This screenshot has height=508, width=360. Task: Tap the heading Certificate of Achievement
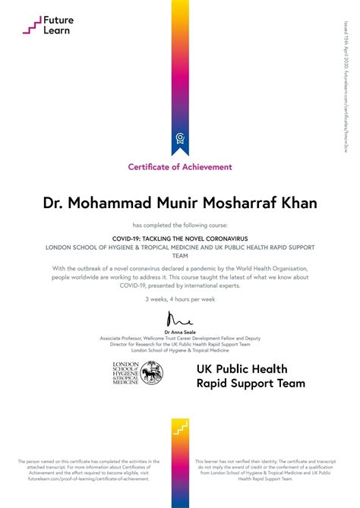180,167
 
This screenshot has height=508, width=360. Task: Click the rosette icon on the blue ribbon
180,137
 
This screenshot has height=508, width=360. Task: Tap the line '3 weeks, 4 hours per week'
180,298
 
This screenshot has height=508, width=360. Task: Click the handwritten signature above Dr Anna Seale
181,317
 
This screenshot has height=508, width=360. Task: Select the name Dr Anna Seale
180,331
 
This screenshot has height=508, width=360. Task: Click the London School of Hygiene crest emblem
151,372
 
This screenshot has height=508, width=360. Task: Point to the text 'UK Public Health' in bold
242,369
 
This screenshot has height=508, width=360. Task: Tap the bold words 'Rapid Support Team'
251,383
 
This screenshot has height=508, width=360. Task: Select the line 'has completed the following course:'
180,226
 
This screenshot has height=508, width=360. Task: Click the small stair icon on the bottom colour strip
180,431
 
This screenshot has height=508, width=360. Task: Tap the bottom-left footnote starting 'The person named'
89,469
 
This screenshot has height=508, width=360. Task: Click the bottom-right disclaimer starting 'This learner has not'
270,469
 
